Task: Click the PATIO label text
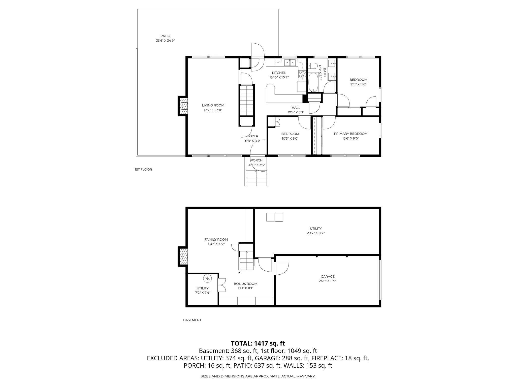(165, 36)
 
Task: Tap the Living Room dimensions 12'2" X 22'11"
(213, 110)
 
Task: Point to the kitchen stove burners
(302, 74)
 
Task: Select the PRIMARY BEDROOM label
(350, 134)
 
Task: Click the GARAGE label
(328, 276)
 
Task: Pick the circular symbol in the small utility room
(207, 278)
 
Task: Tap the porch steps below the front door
(256, 178)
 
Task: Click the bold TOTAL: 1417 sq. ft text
(258, 343)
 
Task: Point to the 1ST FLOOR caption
(143, 170)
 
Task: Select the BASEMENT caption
(192, 320)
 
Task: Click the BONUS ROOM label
(242, 284)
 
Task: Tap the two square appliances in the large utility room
(275, 217)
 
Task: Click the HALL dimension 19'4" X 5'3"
(296, 112)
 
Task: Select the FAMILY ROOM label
(216, 240)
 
